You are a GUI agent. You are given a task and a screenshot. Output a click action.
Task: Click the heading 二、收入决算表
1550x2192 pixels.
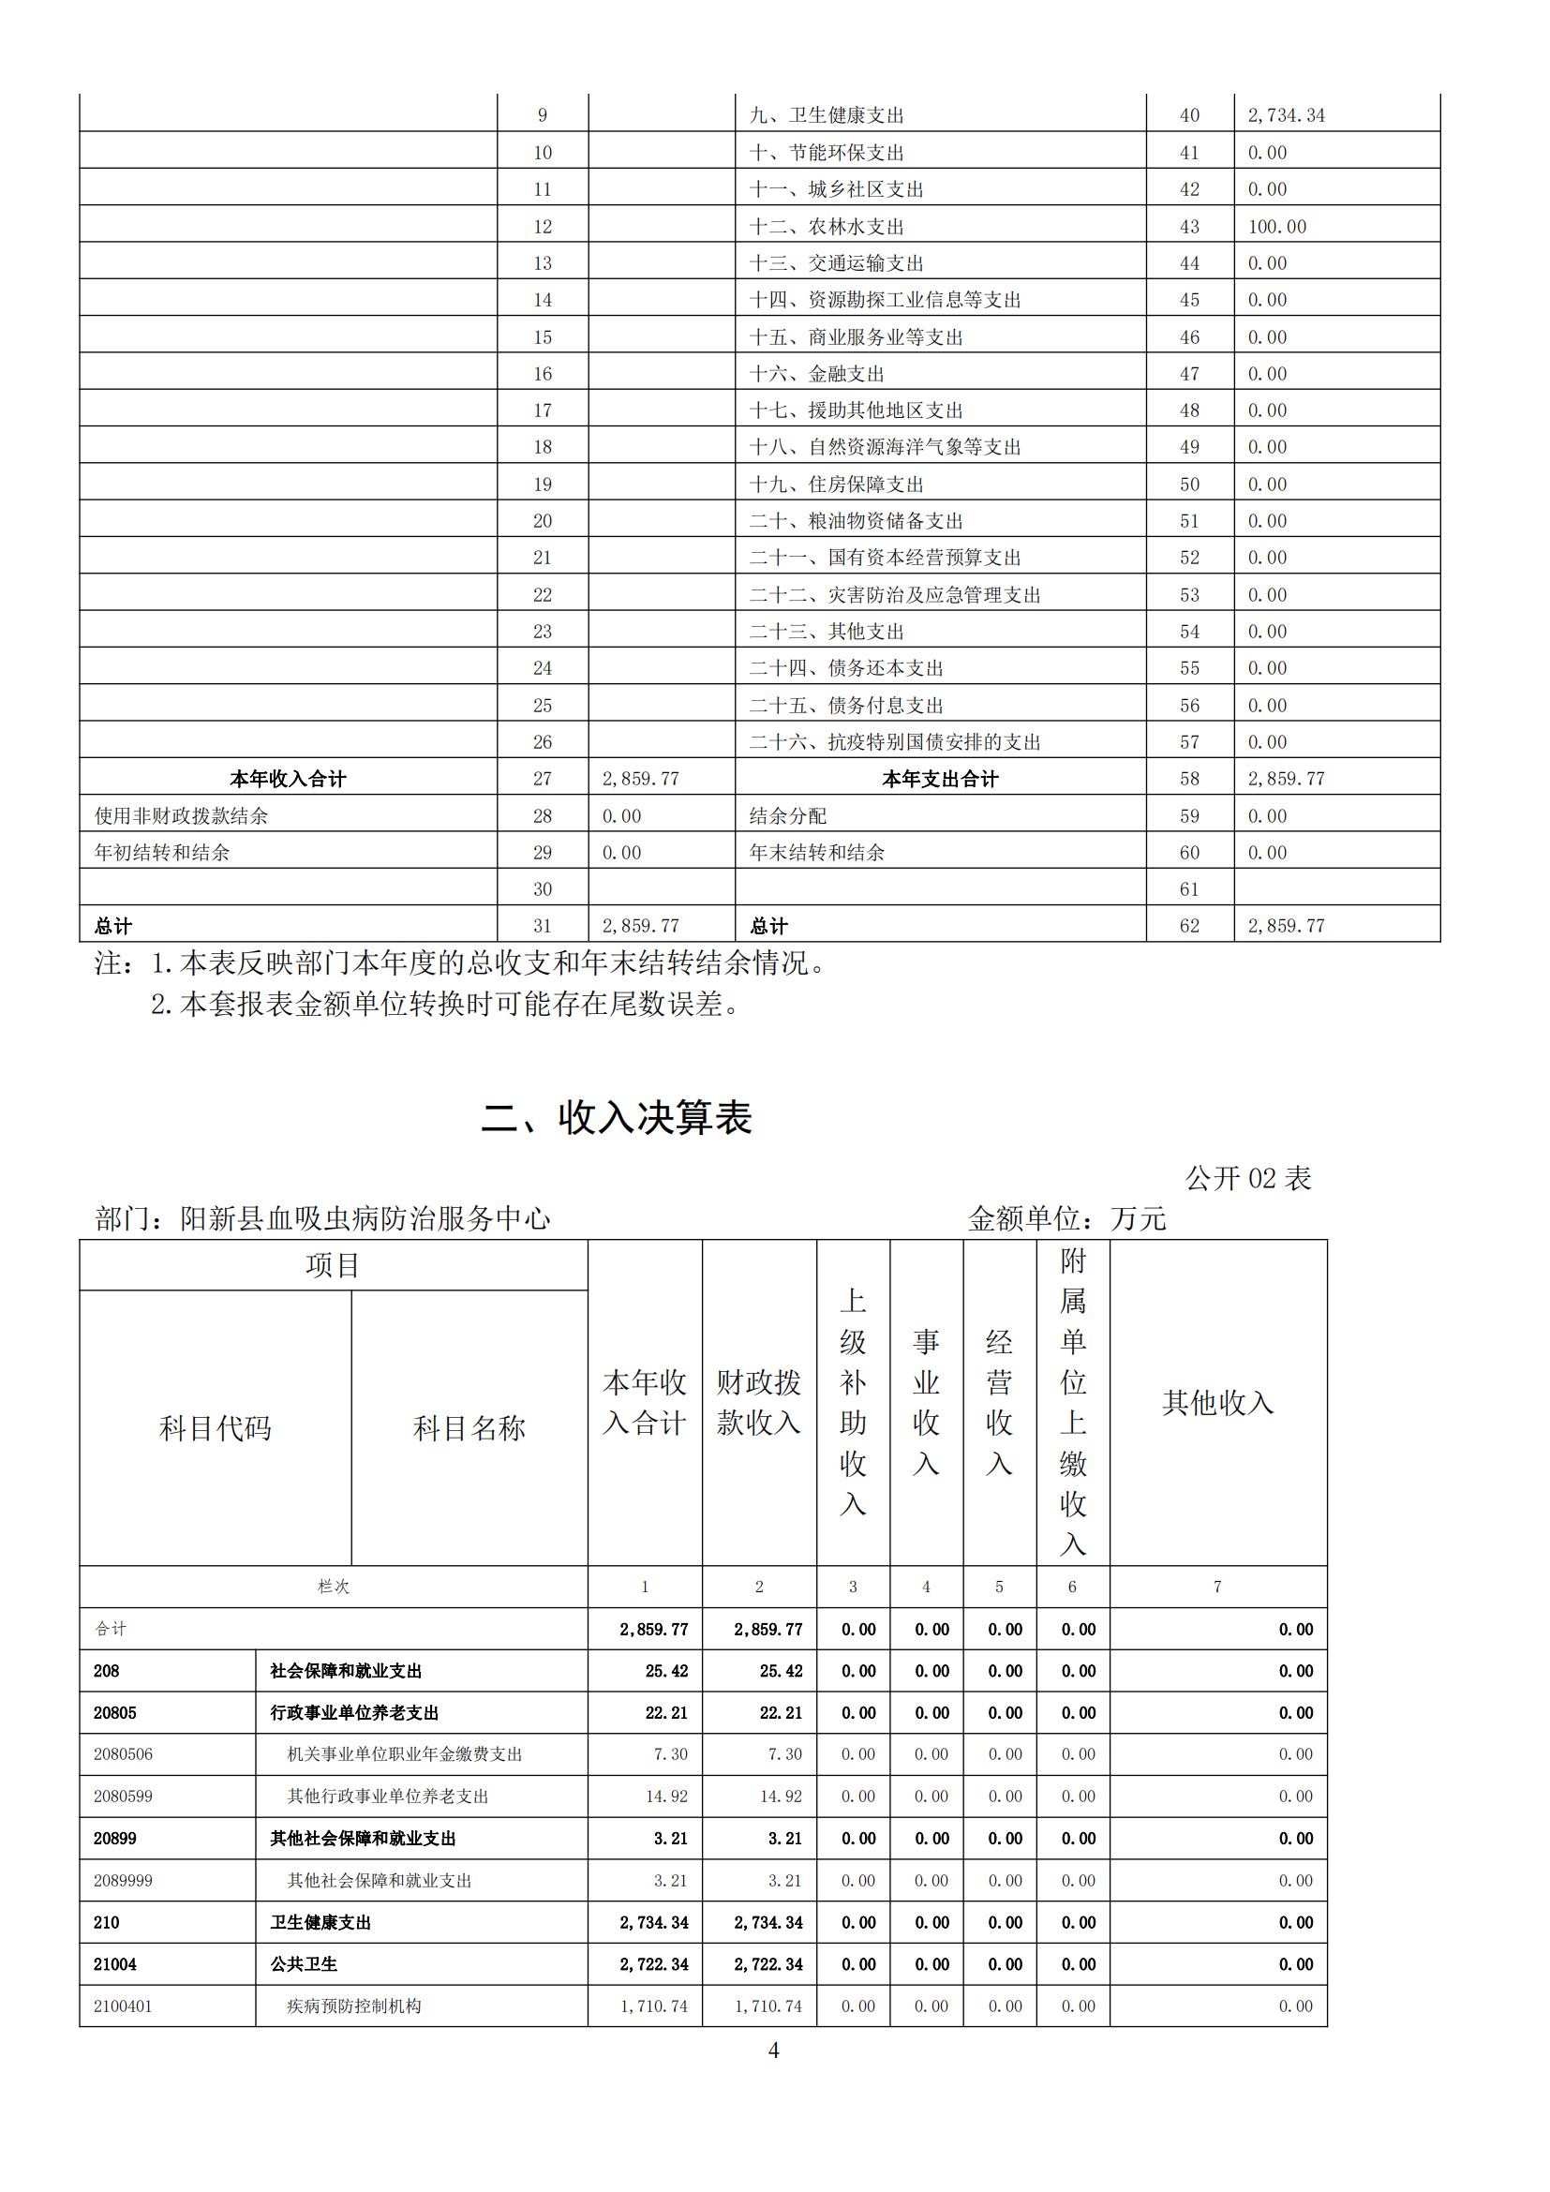pyautogui.click(x=617, y=1117)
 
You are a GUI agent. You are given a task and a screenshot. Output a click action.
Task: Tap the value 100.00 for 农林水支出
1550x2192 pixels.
pyautogui.click(x=1277, y=226)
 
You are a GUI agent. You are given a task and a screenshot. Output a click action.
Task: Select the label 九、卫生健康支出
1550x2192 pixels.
pyautogui.click(x=827, y=115)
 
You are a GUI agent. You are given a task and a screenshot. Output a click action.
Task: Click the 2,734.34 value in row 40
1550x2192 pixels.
pyautogui.click(x=1286, y=115)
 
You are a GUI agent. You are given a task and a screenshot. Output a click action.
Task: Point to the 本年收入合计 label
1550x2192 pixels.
pyautogui.click(x=288, y=779)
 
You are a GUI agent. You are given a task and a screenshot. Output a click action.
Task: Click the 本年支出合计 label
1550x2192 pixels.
pyautogui.click(x=939, y=779)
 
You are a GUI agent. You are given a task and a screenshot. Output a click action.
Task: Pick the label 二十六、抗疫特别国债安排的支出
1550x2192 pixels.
pyautogui.click(x=894, y=742)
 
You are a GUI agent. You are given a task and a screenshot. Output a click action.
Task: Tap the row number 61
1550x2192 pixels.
pyautogui.click(x=1188, y=888)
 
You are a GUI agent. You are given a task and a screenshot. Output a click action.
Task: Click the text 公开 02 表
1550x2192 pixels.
pyautogui.click(x=1247, y=1178)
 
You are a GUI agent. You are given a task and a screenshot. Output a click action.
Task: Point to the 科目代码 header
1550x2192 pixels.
pyautogui.click(x=215, y=1428)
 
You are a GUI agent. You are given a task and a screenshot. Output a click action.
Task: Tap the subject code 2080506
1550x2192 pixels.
pyautogui.click(x=123, y=1753)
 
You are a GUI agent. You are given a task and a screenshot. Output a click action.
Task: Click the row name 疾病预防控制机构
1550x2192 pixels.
pyautogui.click(x=354, y=2006)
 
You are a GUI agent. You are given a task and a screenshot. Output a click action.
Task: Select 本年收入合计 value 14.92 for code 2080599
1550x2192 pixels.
pyautogui.click(x=666, y=1796)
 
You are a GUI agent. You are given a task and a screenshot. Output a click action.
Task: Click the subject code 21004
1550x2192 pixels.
pyautogui.click(x=114, y=1964)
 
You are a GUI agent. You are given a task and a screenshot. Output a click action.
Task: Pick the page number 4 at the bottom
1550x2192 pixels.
pyautogui.click(x=773, y=2050)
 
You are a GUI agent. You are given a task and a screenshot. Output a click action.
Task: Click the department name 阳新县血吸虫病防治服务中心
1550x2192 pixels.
pyautogui.click(x=365, y=1218)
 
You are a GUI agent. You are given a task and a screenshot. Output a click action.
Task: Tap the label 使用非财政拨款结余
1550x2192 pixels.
pyautogui.click(x=182, y=815)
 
